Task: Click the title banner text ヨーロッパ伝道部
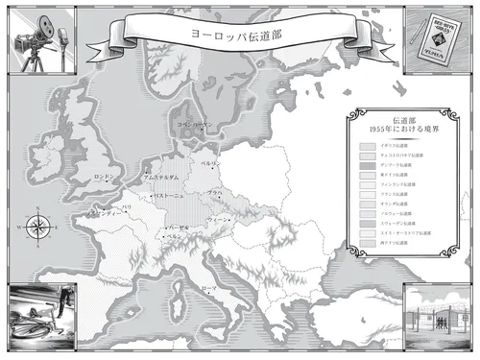240,33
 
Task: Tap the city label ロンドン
105,178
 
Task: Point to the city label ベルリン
209,164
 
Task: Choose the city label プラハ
215,194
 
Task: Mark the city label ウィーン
220,219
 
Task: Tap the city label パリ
126,206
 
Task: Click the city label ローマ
209,287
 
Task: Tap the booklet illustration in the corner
439,36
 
